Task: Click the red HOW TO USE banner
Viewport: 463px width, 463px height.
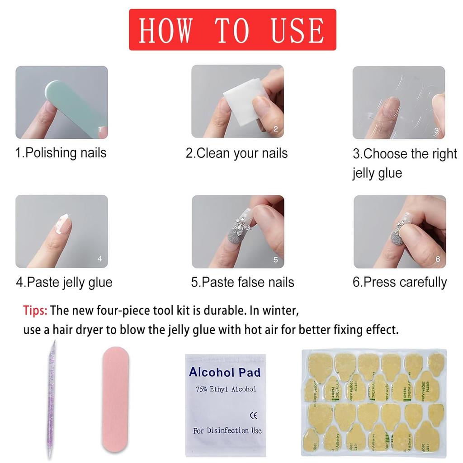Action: pos(232,29)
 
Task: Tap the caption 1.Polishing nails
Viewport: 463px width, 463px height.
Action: pos(61,152)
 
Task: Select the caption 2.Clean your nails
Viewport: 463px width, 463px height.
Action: pos(236,153)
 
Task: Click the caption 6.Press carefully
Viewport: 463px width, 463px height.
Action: pos(400,282)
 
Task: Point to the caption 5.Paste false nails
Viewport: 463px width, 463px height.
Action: pos(242,283)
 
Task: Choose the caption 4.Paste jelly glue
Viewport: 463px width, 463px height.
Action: pos(64,283)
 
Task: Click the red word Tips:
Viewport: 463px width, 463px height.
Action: pos(35,311)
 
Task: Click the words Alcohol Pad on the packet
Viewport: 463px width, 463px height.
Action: pos(225,373)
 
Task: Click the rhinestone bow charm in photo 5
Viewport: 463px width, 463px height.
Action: pos(239,223)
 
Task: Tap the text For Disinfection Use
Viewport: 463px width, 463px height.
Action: pos(227,430)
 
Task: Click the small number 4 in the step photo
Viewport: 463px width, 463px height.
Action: pos(99,259)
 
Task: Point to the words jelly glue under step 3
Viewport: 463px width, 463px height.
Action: pos(377,173)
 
